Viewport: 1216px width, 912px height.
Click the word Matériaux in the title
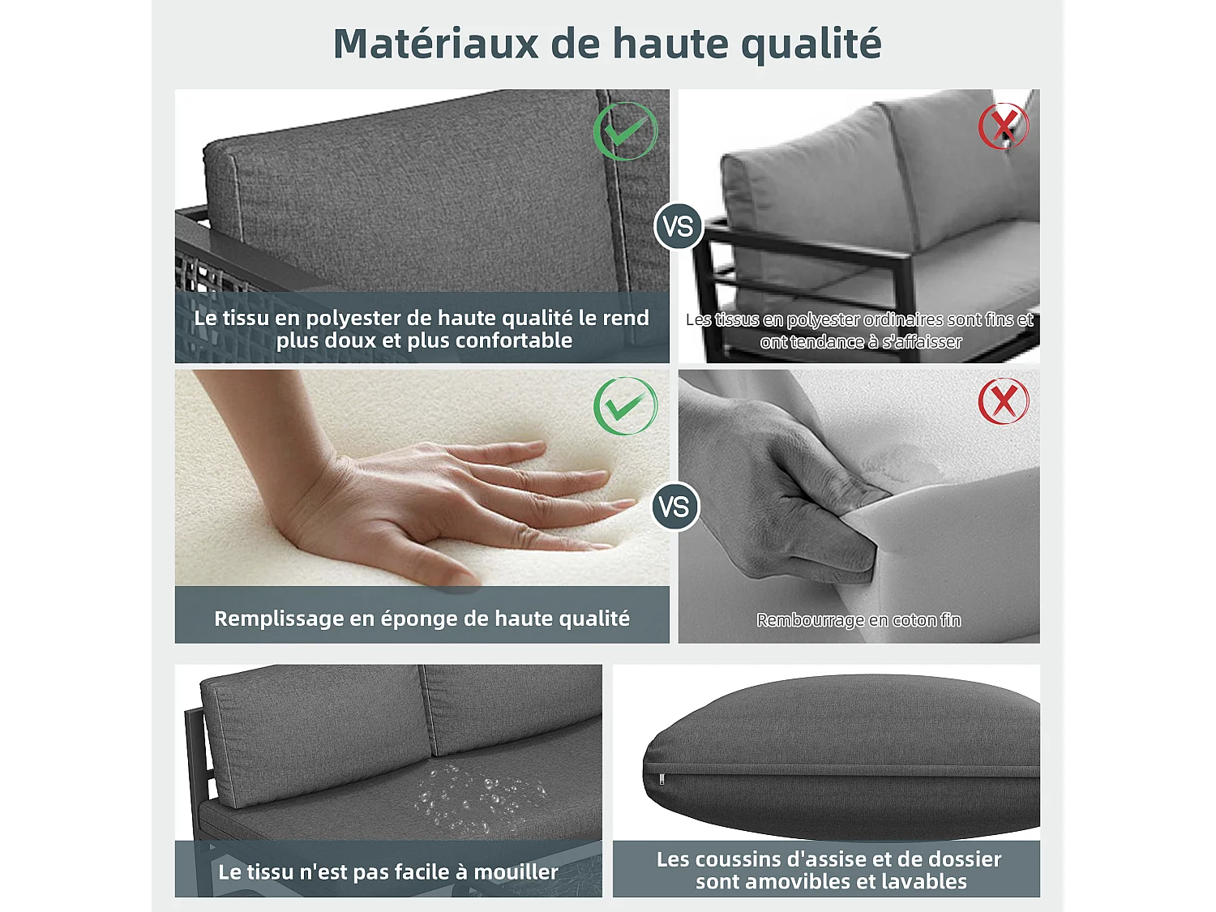pyautogui.click(x=435, y=43)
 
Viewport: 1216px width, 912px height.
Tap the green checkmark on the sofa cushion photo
pyautogui.click(x=626, y=131)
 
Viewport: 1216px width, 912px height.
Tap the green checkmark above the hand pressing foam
pyautogui.click(x=626, y=406)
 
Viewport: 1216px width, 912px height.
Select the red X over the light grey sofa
pyautogui.click(x=1004, y=126)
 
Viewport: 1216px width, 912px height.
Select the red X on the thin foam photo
pyautogui.click(x=1004, y=401)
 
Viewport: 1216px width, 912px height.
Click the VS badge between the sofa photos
pyautogui.click(x=678, y=226)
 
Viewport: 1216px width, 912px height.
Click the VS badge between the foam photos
pyautogui.click(x=674, y=507)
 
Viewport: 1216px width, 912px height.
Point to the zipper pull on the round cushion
pyautogui.click(x=662, y=779)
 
